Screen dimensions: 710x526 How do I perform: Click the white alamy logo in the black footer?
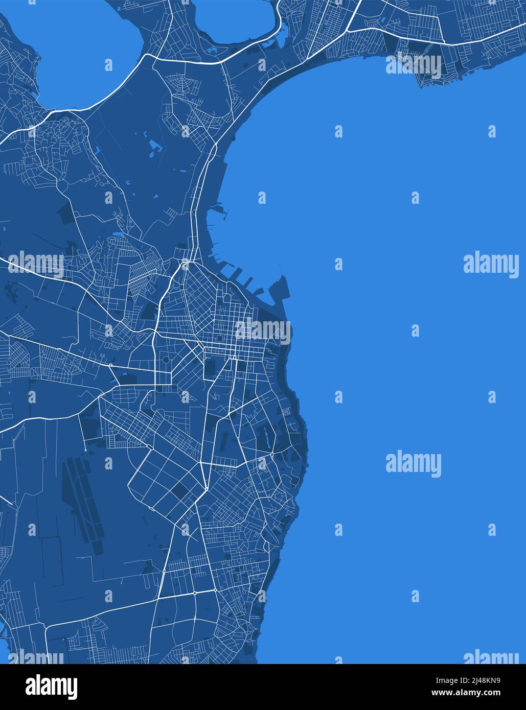tap(51, 687)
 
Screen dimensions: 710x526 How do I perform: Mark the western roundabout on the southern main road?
tap(195, 593)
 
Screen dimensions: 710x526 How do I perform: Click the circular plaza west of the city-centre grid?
tap(165, 360)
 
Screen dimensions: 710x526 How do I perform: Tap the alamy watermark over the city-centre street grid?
tap(263, 331)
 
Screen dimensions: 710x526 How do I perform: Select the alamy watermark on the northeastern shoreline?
tap(414, 65)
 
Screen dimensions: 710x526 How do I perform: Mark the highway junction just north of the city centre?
tap(185, 265)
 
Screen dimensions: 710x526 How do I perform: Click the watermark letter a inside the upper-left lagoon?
tap(108, 65)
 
